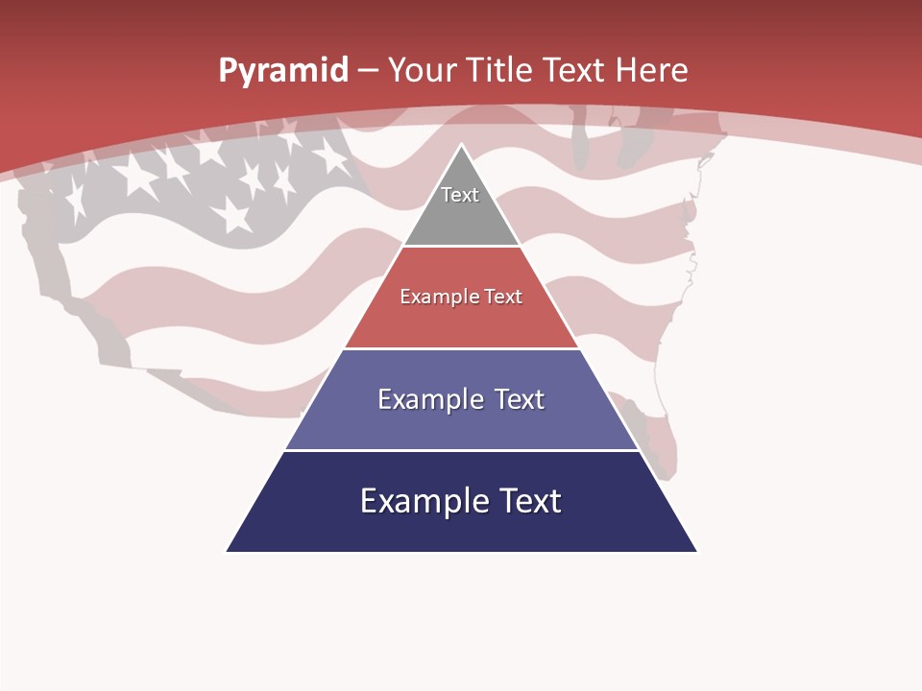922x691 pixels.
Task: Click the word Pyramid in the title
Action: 283,71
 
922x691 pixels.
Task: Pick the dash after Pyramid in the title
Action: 368,71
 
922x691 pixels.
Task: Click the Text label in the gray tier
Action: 460,195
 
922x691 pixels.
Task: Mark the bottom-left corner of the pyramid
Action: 228,551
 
